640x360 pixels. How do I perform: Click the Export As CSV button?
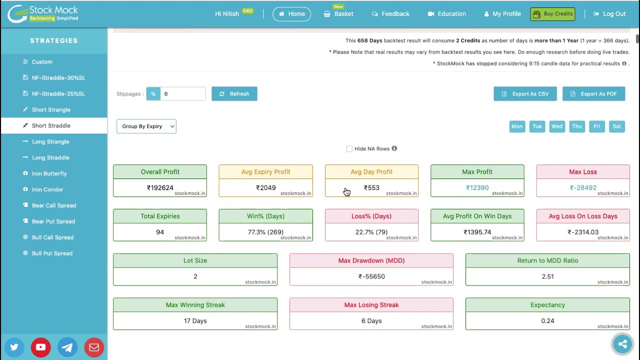coord(525,93)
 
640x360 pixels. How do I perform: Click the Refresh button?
coord(234,93)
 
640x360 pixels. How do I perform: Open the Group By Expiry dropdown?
coord(146,126)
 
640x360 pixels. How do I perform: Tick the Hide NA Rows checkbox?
coord(349,149)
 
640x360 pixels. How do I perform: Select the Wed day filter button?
coord(557,126)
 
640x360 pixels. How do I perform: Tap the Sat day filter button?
coord(616,126)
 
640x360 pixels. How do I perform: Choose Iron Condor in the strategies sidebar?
coord(47,189)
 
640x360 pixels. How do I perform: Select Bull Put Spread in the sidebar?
coord(52,253)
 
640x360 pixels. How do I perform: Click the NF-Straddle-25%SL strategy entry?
coord(58,93)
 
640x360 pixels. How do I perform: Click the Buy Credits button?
coord(552,14)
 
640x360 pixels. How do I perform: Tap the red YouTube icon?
coord(41,347)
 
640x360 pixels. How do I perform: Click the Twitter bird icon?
coord(14,347)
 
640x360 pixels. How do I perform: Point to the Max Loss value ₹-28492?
coord(583,187)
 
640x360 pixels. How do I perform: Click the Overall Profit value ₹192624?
coord(160,187)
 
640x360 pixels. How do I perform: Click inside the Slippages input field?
coord(183,93)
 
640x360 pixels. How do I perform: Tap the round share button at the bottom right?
coord(622,343)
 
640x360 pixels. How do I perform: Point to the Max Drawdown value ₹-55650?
coord(371,276)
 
